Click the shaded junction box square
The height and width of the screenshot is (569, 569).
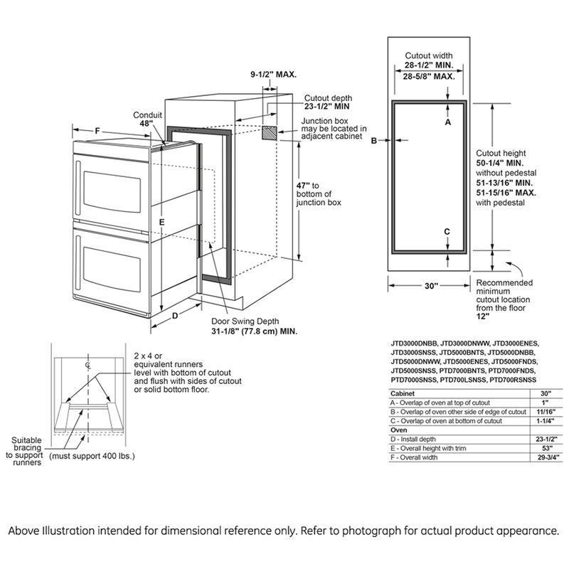270,133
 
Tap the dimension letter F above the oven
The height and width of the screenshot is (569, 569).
97,131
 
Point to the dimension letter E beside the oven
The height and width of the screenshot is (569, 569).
162,223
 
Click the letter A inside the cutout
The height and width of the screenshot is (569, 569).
448,122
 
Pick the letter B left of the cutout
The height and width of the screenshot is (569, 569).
373,141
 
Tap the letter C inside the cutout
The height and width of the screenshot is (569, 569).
447,231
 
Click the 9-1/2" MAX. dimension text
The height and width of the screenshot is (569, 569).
273,74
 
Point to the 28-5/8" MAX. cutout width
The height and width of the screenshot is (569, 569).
430,75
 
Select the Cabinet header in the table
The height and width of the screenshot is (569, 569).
403,393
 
